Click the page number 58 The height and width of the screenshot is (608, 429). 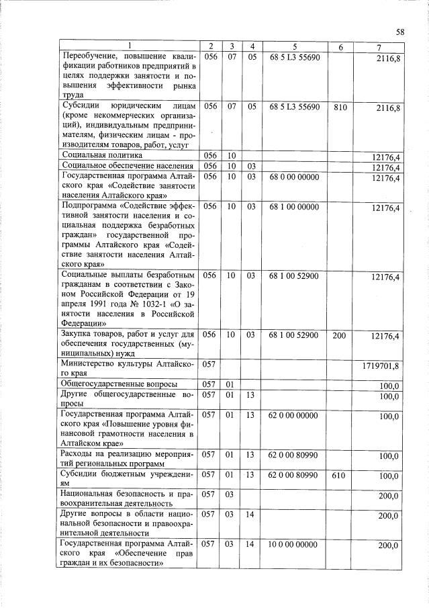coord(400,32)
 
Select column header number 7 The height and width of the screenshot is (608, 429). coord(380,46)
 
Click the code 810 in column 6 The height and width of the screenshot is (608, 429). coord(340,107)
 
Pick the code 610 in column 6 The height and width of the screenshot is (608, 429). coord(340,475)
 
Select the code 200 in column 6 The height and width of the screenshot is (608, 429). coord(340,335)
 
